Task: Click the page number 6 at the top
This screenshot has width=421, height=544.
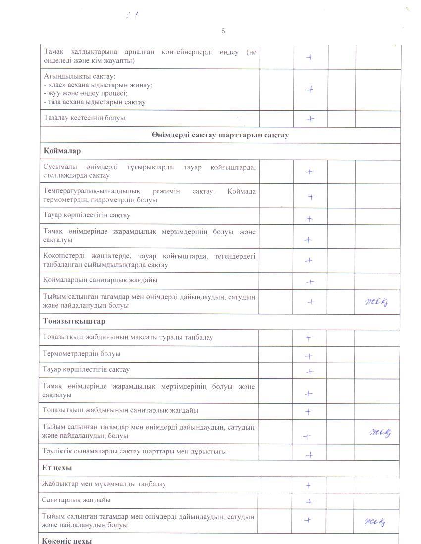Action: click(x=223, y=31)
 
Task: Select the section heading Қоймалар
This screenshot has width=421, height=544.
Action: click(x=62, y=151)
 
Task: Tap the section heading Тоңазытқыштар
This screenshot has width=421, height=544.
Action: click(x=74, y=321)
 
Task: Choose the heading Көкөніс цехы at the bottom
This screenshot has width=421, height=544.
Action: click(x=67, y=540)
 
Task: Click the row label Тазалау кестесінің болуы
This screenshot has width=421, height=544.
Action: click(x=84, y=118)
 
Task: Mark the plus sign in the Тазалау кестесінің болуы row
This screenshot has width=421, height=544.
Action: click(x=310, y=119)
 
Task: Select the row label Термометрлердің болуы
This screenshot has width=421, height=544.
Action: click(x=81, y=354)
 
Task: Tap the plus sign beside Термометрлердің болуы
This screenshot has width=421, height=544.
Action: click(x=308, y=356)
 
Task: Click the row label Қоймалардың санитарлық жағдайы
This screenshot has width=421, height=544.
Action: click(x=100, y=280)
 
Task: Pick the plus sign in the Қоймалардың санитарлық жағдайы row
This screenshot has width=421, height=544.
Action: click(x=310, y=282)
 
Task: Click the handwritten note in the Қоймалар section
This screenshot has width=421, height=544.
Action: click(x=376, y=302)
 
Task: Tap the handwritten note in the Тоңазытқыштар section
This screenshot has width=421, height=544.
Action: click(x=380, y=433)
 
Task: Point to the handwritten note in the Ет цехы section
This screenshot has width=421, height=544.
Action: click(x=375, y=521)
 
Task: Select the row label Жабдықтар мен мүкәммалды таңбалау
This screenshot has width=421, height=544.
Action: click(x=104, y=484)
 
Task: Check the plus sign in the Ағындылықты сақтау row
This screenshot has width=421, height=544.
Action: click(x=310, y=90)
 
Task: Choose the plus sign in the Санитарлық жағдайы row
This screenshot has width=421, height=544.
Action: click(x=310, y=502)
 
